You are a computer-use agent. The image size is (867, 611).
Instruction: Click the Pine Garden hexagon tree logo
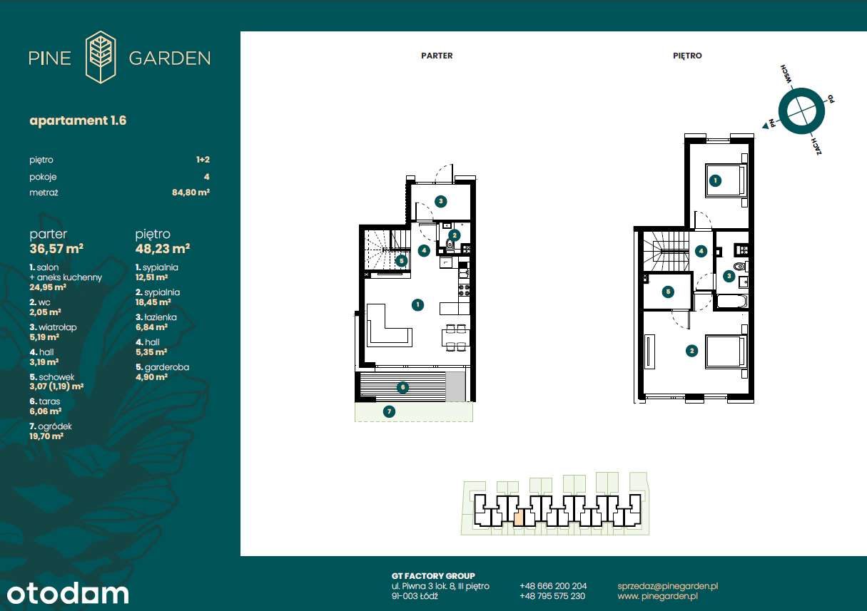coord(101,57)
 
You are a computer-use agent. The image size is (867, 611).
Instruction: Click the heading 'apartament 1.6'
coord(78,120)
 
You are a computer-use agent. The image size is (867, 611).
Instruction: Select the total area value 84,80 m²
coord(191,192)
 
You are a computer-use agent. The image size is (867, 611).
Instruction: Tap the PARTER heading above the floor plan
coord(437,56)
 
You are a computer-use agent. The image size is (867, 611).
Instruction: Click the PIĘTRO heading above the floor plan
coord(687,56)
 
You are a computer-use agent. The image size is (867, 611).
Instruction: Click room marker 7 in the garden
coord(389,411)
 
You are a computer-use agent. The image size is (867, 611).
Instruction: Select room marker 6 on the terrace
coord(402,387)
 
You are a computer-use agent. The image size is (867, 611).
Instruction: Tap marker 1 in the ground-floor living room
coord(417,304)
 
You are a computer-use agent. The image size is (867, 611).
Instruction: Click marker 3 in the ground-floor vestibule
coord(440,201)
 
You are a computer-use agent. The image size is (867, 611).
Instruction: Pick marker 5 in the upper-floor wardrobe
coord(668,292)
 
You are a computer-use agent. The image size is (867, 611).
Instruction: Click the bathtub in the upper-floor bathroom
coord(731,302)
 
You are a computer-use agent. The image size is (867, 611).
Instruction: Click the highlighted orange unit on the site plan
coord(518,518)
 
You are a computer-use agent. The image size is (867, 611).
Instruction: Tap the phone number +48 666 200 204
coord(553,586)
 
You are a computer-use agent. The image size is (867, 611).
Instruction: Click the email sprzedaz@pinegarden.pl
coord(668,586)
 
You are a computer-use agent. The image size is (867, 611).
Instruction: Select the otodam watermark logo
coord(68,594)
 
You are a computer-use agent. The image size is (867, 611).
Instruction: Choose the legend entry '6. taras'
coord(45,401)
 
